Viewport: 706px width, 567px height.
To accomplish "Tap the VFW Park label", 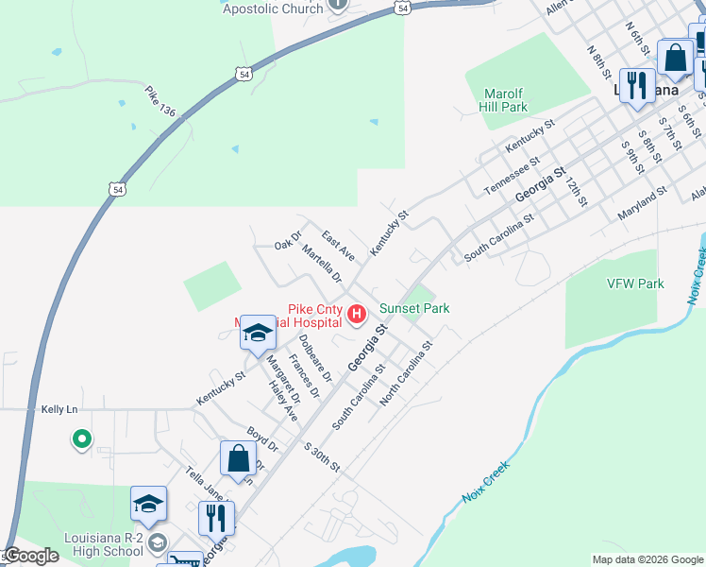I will pos(637,283).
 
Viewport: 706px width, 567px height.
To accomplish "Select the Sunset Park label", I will pos(413,308).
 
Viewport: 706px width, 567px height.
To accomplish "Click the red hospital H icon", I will pos(357,314).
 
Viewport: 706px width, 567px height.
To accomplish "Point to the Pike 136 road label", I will pos(160,102).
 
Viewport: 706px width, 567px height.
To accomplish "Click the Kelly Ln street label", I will pos(59,409).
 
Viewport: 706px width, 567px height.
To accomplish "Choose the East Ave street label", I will pos(338,245).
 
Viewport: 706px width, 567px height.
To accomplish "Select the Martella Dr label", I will pos(322,264).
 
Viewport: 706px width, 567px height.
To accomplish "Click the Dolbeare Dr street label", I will pos(315,358).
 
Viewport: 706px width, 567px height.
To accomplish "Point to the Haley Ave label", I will pos(282,401).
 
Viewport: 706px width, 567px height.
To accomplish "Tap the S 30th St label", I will pos(321,456).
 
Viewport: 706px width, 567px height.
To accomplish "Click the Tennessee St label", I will pos(511,176).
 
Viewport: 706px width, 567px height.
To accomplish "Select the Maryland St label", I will pos(642,203).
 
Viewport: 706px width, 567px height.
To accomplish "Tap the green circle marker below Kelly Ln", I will pos(81,438).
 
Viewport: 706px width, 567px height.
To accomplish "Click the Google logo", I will pos(31,556).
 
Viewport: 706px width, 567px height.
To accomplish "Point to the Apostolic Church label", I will pos(273,9).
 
